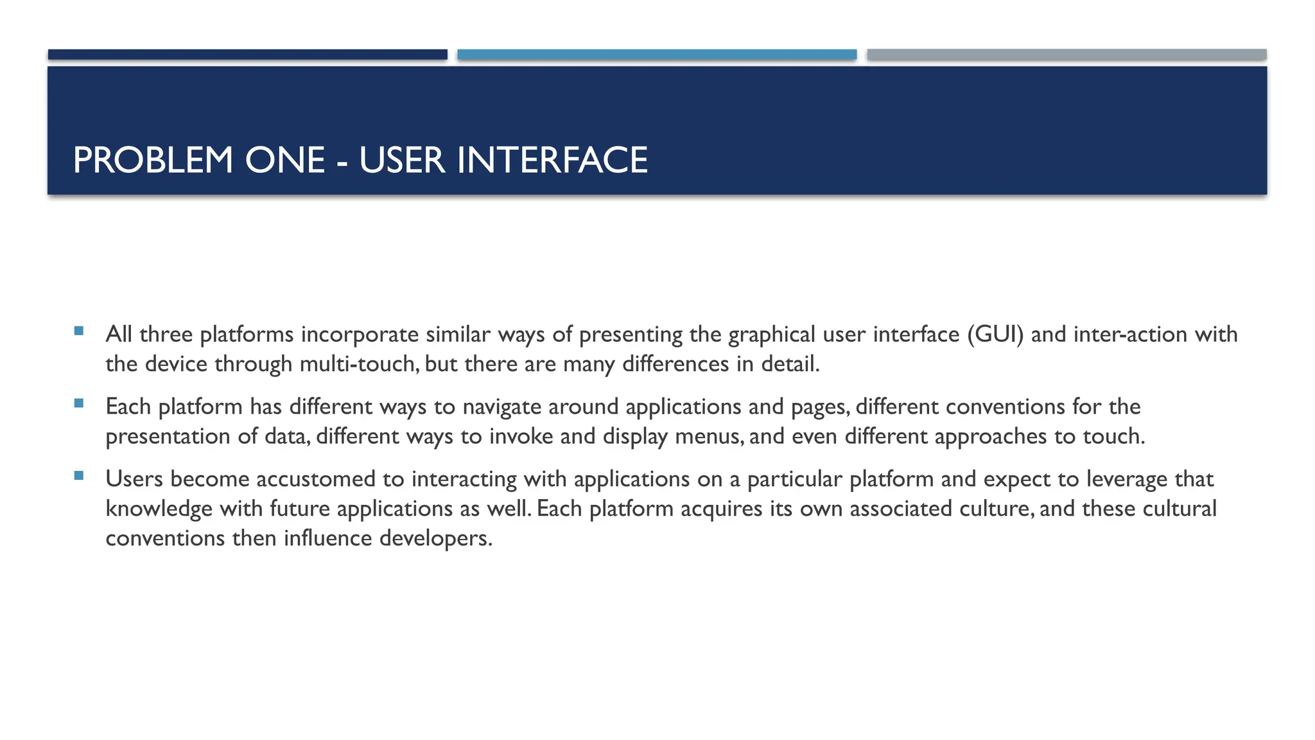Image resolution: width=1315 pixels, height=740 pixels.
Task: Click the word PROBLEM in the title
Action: click(153, 160)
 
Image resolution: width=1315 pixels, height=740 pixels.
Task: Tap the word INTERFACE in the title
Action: click(552, 160)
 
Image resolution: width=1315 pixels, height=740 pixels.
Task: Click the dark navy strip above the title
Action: click(247, 55)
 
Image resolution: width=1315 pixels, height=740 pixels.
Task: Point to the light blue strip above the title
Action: click(657, 55)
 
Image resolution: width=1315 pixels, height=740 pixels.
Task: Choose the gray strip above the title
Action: click(1067, 55)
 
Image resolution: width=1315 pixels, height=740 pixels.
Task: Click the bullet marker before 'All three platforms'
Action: click(79, 331)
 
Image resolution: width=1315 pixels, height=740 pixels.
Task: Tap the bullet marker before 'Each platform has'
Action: click(79, 404)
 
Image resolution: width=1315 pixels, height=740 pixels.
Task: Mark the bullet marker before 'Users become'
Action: click(79, 476)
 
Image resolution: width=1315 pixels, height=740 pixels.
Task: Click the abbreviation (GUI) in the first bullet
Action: click(995, 335)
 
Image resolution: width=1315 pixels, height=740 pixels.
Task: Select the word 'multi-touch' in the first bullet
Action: click(359, 364)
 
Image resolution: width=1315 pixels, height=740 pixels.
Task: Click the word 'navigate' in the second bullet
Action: click(501, 407)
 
